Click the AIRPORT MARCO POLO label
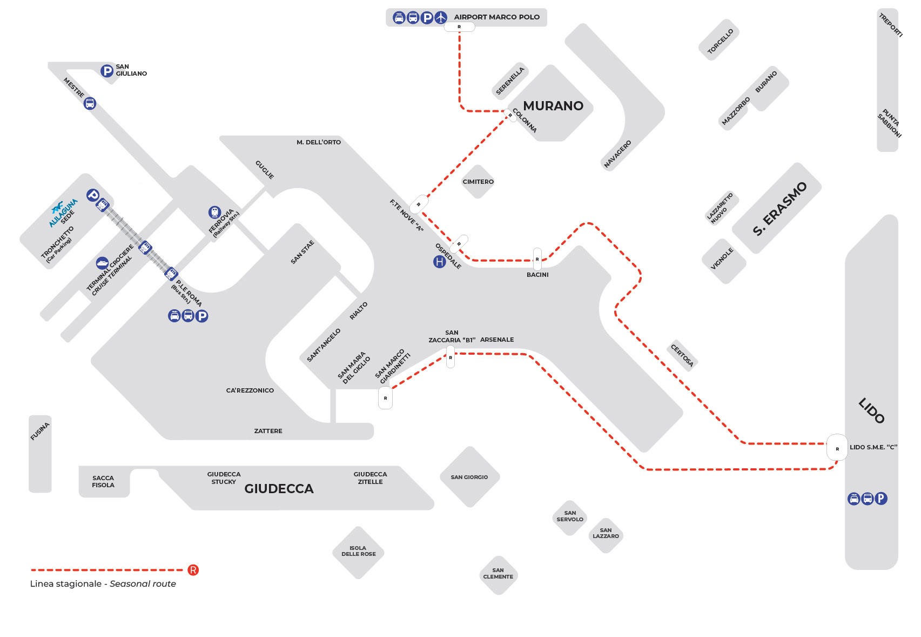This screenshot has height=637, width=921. pos(496,17)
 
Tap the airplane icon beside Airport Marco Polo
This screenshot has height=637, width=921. pos(441,18)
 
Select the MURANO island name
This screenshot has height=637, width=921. pos(553,106)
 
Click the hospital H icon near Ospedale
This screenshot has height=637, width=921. pos(440,262)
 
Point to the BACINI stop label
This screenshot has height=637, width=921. pos(537,275)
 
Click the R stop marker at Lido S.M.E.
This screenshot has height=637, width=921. pos(837,448)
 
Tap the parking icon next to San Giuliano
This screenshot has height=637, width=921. pos(107,71)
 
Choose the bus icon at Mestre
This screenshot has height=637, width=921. pos(90,103)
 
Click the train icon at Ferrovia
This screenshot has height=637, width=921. pos(214,212)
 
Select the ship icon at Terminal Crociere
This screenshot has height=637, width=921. pos(103,263)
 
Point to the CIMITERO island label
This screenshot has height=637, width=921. pos(478,182)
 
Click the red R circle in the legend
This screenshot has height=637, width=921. pos(193,570)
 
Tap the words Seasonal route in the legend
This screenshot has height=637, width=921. pos(143,583)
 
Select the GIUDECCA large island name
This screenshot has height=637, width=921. pos(279,488)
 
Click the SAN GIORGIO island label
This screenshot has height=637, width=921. pos(469,477)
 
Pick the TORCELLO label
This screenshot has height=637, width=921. pos(720,41)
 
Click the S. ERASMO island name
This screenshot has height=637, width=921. pos(779,209)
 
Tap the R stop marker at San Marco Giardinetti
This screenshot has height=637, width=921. pos(385,398)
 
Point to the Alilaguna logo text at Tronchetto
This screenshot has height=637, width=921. pos(63,213)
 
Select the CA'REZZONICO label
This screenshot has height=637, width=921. pos(250,390)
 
